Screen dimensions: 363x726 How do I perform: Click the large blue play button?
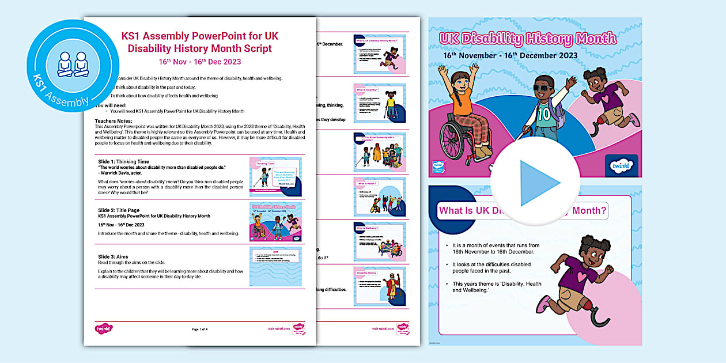pos(535,183)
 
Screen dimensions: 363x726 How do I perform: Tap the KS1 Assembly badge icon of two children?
pos(73,65)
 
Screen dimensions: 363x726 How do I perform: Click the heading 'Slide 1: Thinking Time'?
pos(124,162)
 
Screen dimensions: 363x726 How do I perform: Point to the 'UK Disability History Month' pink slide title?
pos(527,39)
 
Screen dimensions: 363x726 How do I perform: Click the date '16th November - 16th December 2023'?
pos(510,56)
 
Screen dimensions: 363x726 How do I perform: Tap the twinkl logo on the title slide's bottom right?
pos(622,165)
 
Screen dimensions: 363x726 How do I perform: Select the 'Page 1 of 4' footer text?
pos(199,329)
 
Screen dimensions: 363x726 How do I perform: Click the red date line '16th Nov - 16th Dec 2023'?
pos(200,62)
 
